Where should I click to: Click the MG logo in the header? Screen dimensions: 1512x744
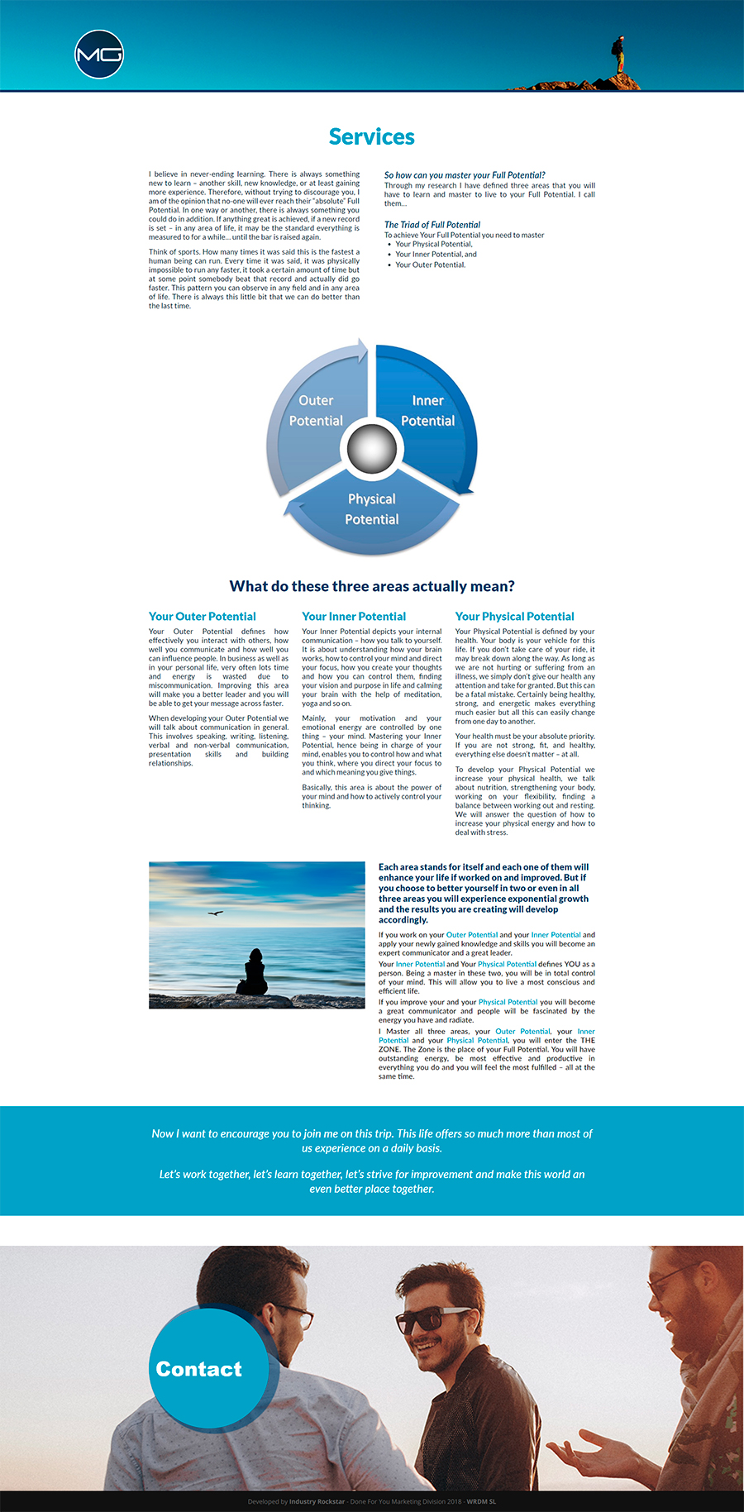point(99,55)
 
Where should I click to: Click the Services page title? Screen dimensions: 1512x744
point(372,136)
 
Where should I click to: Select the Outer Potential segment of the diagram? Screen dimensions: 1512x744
point(316,411)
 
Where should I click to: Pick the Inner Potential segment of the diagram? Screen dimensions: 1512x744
point(427,411)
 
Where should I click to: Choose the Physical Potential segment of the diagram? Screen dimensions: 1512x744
point(372,509)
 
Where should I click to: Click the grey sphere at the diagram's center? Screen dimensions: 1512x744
point(372,447)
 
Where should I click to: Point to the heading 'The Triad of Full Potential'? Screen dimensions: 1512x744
point(432,224)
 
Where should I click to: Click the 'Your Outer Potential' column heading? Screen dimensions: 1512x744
point(203,617)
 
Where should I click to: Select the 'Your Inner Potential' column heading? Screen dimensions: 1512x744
point(354,617)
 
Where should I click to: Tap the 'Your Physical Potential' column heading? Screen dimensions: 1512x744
point(514,617)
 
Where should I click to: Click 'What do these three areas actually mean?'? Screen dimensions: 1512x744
point(372,586)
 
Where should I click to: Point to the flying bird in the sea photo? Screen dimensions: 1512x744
point(216,913)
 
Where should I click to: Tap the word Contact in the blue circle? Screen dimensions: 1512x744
point(199,1370)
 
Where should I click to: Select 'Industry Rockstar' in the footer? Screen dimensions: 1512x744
point(317,1501)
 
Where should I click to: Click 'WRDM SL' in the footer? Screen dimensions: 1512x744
point(481,1501)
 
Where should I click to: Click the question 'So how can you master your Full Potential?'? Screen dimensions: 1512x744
point(464,175)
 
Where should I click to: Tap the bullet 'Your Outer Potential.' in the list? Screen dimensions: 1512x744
point(430,265)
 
